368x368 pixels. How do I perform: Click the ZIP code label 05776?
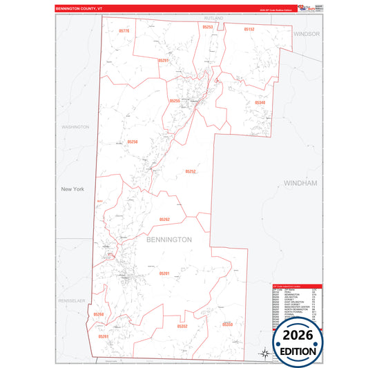pos(124,31)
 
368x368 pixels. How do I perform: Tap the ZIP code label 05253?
pos(208,27)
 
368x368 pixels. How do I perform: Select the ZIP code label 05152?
pos(249,30)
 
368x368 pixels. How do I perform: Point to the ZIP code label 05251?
pos(164,61)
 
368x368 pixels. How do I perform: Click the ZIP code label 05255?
pos(175,101)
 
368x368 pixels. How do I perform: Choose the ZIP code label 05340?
pos(260,102)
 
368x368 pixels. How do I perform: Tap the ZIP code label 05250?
pos(133,142)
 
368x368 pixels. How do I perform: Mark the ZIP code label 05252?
pos(191,171)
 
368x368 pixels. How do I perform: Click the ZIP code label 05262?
pos(164,219)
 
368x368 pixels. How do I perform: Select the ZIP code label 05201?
pos(164,273)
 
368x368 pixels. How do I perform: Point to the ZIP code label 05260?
pos(99,314)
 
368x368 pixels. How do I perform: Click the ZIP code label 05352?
pos(182,326)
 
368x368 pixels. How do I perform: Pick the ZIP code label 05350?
pos(228,324)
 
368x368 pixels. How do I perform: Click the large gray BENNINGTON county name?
pos(168,239)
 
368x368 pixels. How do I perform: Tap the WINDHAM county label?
pos(300,183)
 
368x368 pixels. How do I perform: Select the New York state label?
pos(72,189)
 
